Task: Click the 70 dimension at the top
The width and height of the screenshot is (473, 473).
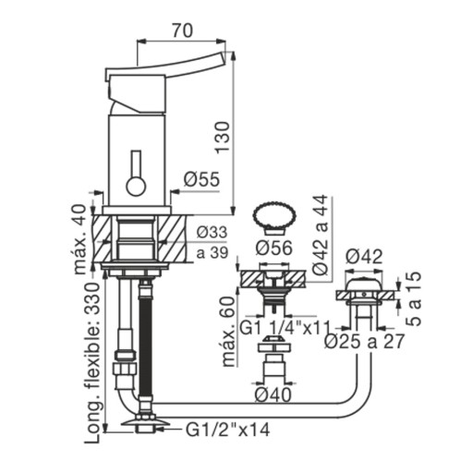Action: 183,30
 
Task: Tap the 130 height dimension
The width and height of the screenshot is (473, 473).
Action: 223,138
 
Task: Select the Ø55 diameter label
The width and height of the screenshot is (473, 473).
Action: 201,179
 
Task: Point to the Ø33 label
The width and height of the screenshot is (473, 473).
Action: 212,232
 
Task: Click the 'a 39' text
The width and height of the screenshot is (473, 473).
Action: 212,253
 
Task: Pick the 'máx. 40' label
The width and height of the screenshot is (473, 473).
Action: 79,239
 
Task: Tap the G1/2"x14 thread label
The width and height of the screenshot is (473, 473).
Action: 227,430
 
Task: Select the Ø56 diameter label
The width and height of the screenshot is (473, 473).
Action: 274,249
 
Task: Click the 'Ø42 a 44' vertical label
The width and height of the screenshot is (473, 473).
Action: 320,235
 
